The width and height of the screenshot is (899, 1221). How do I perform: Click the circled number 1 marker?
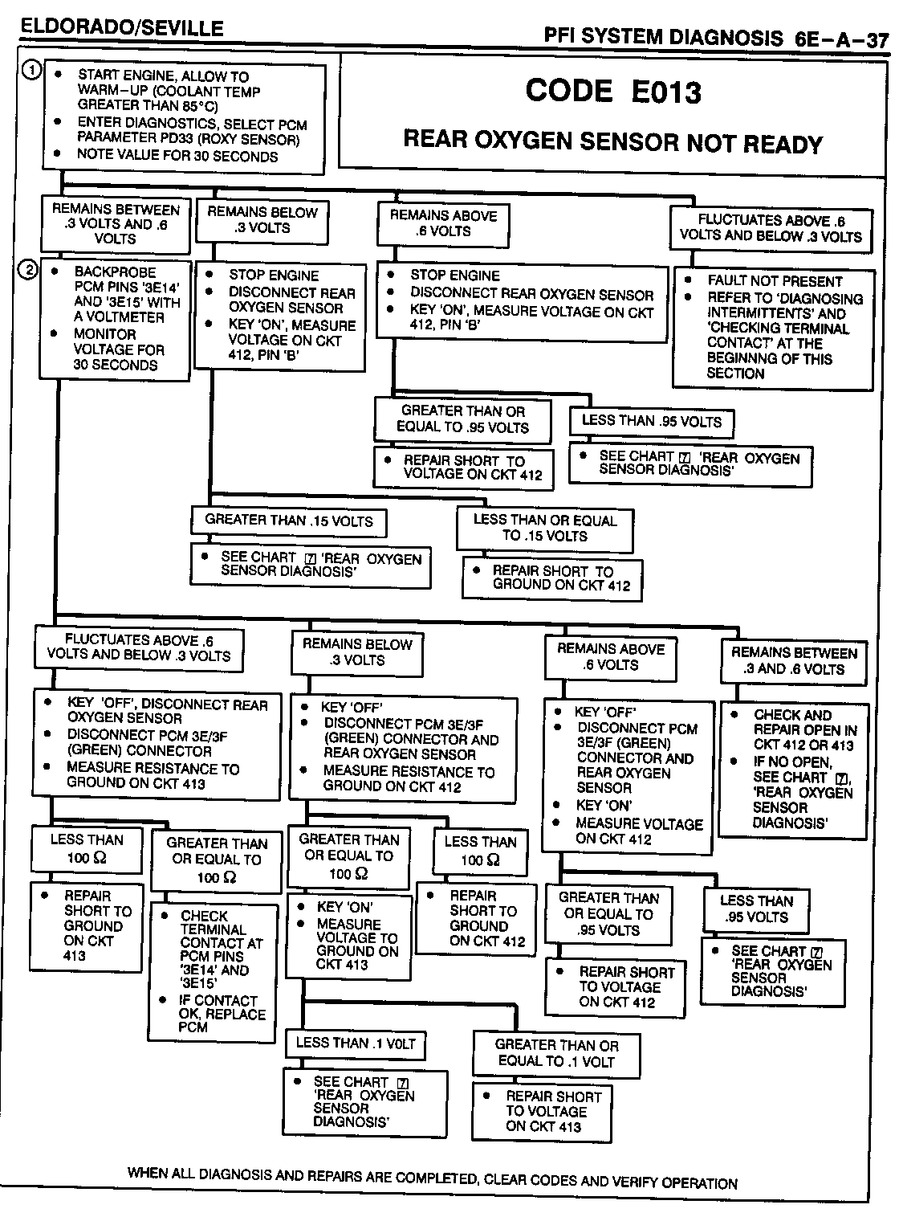coord(31,71)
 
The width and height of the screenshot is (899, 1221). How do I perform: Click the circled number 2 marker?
coord(29,270)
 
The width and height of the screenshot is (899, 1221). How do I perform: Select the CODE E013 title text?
coord(613,91)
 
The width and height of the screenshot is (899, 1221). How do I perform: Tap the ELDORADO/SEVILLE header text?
coord(121,28)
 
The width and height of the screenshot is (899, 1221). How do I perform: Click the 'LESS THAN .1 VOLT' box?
coord(356,1043)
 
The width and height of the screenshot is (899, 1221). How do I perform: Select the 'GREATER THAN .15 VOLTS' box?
coord(289,521)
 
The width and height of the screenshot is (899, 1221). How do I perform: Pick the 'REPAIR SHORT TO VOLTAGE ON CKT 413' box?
coord(543,1111)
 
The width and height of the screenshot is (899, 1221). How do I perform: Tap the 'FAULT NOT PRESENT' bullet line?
coord(775,281)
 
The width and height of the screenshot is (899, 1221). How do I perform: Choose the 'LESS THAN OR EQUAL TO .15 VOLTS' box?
coord(545,528)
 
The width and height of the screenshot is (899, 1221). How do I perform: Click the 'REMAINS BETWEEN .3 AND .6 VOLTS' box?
coord(793,661)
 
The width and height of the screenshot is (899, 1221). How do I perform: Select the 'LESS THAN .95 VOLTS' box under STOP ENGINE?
coord(651,421)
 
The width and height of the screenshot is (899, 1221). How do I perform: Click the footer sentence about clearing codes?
coord(432,1178)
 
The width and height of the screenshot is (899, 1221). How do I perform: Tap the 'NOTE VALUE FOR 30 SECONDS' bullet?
coord(177,156)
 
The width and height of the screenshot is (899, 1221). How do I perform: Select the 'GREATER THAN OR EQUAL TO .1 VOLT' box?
coord(556,1053)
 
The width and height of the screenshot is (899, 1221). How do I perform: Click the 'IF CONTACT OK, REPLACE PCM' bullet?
coord(221,1014)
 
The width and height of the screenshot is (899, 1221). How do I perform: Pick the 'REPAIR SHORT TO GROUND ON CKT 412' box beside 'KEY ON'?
coord(476,918)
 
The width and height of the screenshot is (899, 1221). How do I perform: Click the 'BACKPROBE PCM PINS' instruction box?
coord(116,318)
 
